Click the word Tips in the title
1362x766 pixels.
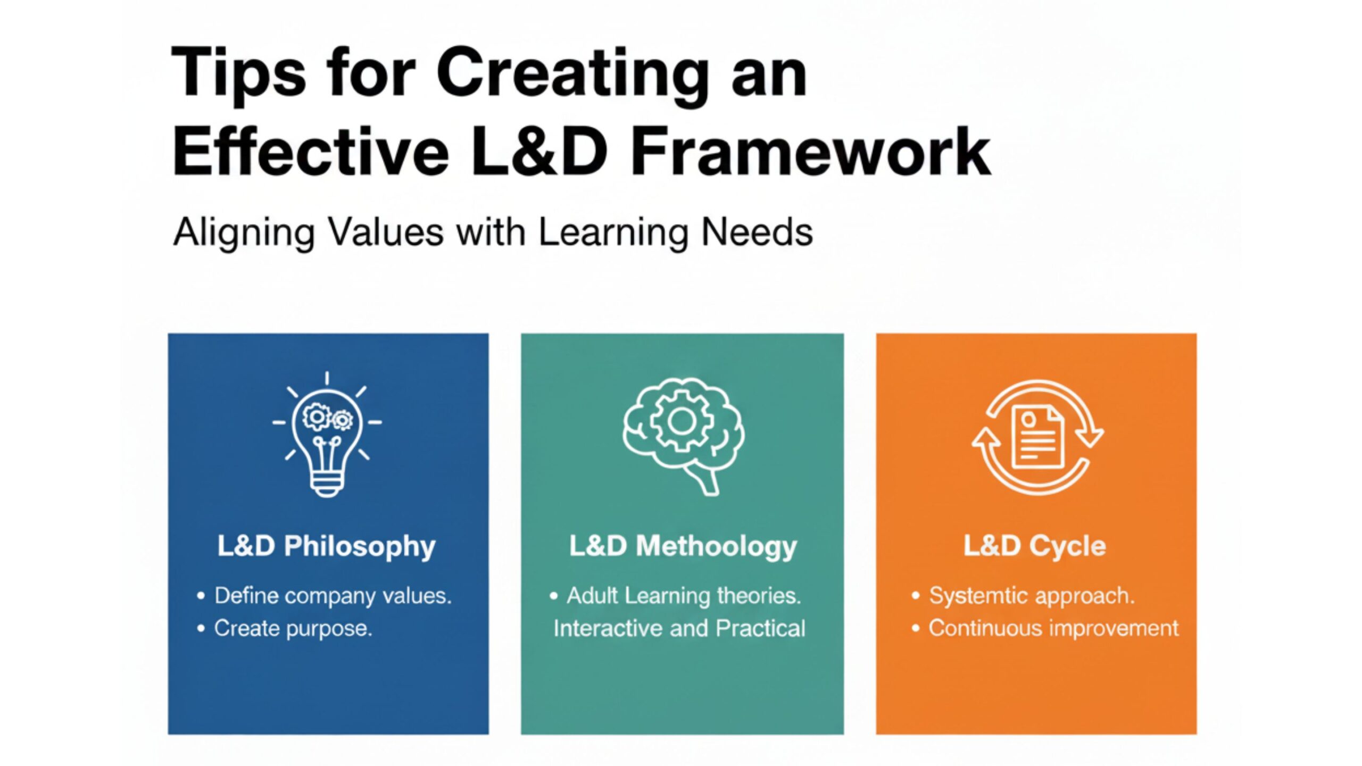tap(239, 74)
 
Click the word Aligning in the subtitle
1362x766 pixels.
tap(244, 233)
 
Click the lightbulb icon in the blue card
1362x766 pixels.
tap(327, 434)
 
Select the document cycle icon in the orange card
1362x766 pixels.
tap(1037, 437)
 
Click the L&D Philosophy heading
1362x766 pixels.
tap(327, 546)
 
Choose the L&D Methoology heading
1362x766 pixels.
tap(683, 546)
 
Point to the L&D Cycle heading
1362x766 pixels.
tap(1035, 546)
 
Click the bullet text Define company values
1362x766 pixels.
tap(333, 596)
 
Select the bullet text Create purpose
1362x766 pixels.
tap(293, 629)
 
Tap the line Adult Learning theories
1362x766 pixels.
tap(684, 596)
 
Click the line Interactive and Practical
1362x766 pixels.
tap(679, 628)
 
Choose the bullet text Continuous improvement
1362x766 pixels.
tap(1054, 628)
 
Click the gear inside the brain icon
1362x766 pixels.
tap(680, 422)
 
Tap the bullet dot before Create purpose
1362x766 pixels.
tap(201, 629)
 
